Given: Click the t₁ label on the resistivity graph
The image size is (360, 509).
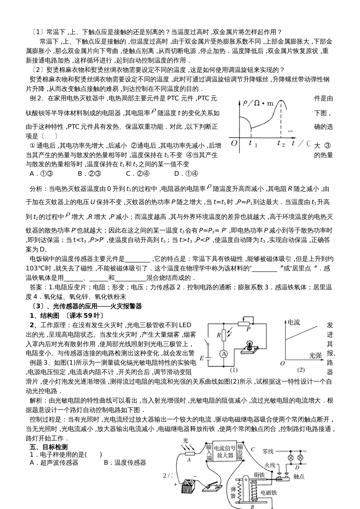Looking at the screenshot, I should pos(253,144).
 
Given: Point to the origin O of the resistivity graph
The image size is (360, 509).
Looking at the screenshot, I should pos(234,143).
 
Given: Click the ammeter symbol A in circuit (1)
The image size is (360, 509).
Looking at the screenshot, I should pos(224,353).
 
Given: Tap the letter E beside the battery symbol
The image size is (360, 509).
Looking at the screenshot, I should pos(202,358).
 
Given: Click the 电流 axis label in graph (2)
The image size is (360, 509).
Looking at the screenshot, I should pos(294,322).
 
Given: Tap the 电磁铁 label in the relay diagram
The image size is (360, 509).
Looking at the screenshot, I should pos(269,492).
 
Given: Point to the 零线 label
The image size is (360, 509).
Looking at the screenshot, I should pos(268,451).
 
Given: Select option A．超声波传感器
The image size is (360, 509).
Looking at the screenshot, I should pos(54,462).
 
